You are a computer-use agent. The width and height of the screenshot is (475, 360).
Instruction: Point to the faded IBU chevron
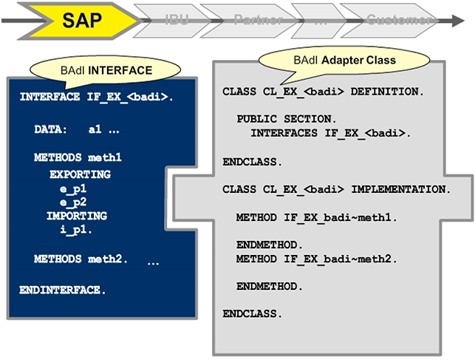pyautogui.click(x=174, y=20)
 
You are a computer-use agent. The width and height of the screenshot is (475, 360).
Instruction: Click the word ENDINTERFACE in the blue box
pyautogui.click(x=63, y=289)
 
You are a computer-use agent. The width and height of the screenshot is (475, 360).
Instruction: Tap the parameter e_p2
pyautogui.click(x=73, y=203)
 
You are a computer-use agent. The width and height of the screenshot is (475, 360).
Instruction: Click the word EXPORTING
pyautogui.click(x=80, y=174)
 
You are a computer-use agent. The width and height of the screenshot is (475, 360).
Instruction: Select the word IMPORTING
pyautogui.click(x=77, y=216)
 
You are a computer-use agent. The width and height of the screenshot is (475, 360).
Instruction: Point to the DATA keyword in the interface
pyautogui.click(x=49, y=129)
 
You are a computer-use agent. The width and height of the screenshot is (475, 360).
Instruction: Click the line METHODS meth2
pyautogui.click(x=81, y=259)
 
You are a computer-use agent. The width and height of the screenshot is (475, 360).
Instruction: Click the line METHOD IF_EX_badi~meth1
pyautogui.click(x=318, y=218)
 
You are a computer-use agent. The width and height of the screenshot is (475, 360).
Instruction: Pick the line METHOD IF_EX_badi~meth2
pyautogui.click(x=318, y=259)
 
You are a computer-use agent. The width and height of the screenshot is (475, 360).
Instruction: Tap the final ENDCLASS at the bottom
pyautogui.click(x=252, y=313)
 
